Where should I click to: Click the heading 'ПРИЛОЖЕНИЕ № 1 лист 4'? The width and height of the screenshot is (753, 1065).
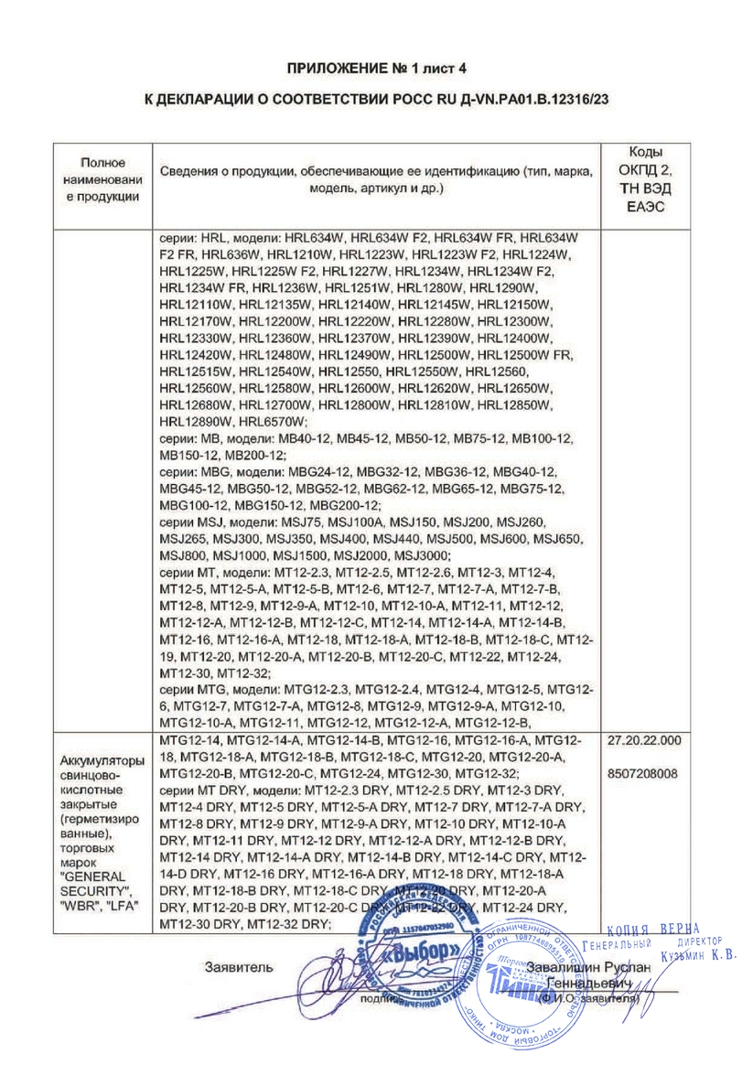tap(376, 68)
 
